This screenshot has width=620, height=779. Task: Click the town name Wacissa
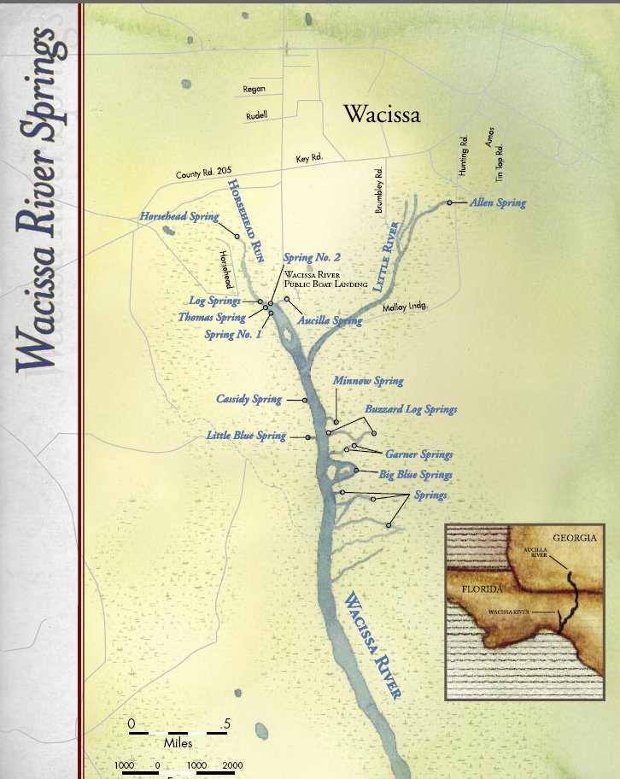click(x=381, y=114)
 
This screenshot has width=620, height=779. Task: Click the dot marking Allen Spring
click(x=449, y=203)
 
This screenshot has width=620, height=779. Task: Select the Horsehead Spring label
click(x=179, y=217)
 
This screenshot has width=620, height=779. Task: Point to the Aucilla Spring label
click(x=330, y=321)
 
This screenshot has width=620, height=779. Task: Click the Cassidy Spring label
click(x=249, y=399)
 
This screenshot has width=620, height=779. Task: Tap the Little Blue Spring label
click(x=246, y=436)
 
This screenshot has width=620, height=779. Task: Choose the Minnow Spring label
click(x=368, y=381)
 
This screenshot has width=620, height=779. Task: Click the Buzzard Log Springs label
click(x=411, y=410)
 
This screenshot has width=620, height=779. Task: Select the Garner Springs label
click(x=418, y=454)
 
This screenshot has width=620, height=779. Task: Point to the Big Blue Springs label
click(x=416, y=474)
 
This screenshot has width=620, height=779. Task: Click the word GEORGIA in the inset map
click(x=572, y=538)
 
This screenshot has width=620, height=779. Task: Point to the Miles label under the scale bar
click(x=179, y=744)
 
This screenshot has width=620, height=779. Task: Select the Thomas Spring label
click(x=212, y=318)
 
